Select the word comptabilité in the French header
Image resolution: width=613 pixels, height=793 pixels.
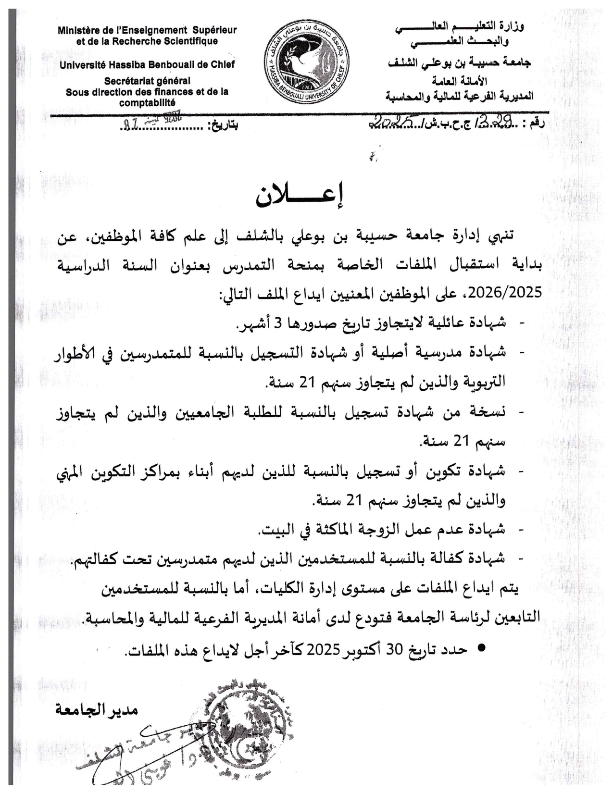point(147,102)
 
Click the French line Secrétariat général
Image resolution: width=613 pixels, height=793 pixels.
point(147,81)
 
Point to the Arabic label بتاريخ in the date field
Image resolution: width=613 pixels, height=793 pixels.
point(223,126)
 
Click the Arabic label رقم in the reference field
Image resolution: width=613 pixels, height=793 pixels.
point(537,124)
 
